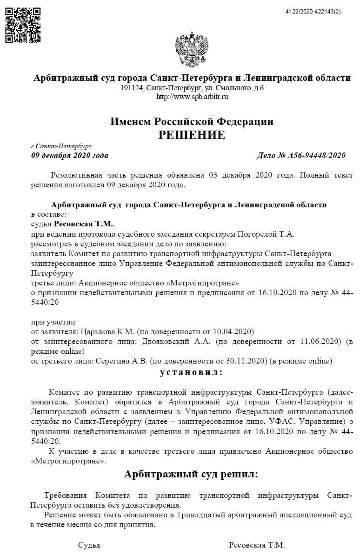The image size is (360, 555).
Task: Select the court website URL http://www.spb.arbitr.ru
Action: click(x=192, y=97)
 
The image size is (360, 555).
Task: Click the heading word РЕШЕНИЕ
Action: click(x=192, y=135)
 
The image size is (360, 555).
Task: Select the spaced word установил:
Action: click(x=191, y=372)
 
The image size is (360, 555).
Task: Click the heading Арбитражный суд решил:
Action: click(x=191, y=474)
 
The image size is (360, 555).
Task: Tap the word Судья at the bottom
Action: click(x=89, y=545)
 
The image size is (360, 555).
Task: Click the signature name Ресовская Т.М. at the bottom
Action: click(x=257, y=545)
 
